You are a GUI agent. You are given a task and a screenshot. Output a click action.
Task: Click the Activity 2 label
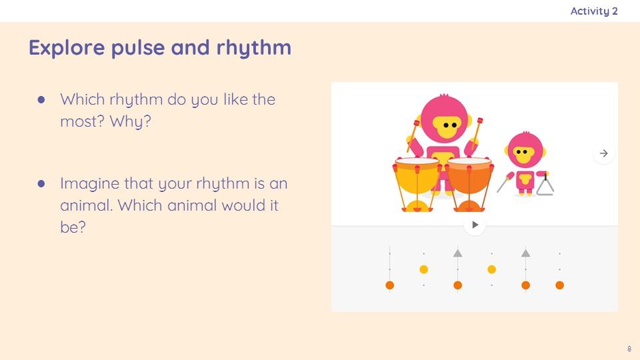594,11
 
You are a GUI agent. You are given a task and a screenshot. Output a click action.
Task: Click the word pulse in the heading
137,48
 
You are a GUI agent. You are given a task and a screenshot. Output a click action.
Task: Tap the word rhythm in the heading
253,48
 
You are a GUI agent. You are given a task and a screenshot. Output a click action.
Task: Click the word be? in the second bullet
73,227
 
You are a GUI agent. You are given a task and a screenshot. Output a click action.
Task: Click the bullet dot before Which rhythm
41,99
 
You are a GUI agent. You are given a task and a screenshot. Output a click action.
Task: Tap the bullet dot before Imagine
41,184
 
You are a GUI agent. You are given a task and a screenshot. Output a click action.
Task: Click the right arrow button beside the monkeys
604,153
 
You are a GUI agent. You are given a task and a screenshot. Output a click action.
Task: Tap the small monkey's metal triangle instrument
545,187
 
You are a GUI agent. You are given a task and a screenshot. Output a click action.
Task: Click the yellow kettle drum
417,185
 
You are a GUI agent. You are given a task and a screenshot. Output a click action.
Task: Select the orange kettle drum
469,185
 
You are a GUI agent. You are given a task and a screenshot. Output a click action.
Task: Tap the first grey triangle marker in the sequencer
457,253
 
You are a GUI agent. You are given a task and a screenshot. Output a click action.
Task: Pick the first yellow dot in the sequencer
424,269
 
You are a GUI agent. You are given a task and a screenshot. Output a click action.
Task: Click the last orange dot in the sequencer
559,285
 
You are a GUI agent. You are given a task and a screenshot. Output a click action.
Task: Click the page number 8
629,349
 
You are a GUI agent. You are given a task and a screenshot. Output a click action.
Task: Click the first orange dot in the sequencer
390,285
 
